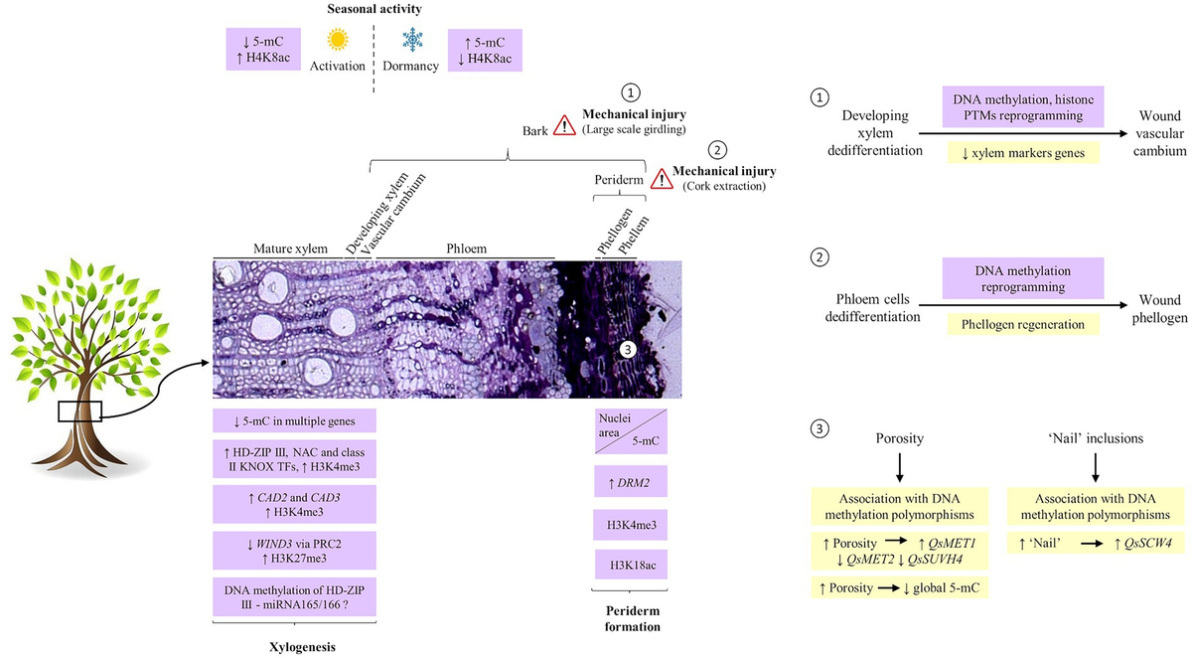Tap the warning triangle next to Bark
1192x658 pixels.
pyautogui.click(x=565, y=125)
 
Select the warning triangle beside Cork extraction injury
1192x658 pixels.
pyautogui.click(x=661, y=179)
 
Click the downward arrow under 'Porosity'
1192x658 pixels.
pyautogui.click(x=898, y=465)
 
